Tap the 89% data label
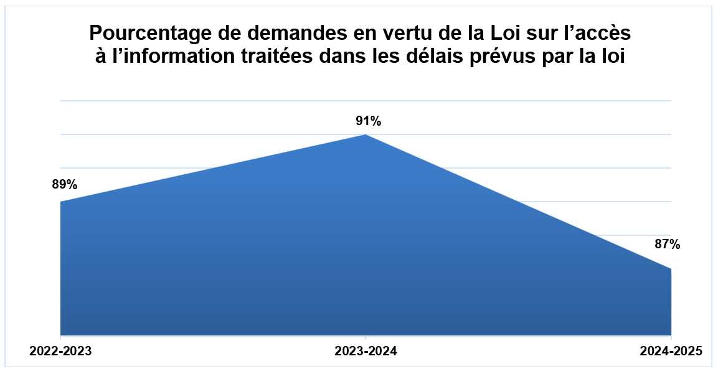(65, 184)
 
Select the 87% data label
(667, 245)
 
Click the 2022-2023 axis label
(60, 352)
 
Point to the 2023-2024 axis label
(366, 352)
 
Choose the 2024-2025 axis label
(671, 352)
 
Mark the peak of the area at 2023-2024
(366, 135)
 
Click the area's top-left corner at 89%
(61, 202)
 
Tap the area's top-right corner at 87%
(671, 269)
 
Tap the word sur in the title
(536, 32)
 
